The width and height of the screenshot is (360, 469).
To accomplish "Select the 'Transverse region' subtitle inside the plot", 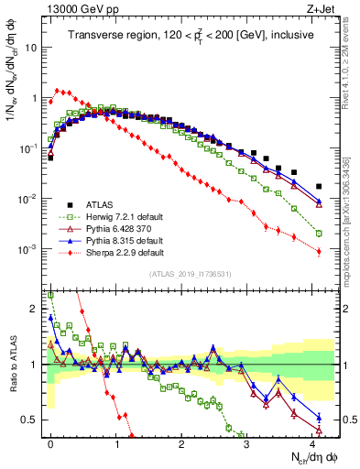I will click(x=184, y=35).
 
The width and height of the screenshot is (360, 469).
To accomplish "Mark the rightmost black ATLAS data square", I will click(x=319, y=186).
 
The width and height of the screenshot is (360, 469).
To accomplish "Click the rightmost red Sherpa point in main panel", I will click(x=319, y=252).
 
